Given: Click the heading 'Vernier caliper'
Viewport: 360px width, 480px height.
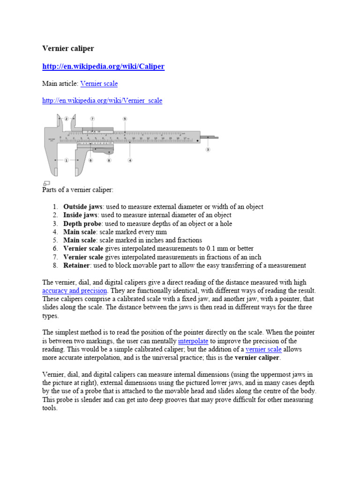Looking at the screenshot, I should point(68,48).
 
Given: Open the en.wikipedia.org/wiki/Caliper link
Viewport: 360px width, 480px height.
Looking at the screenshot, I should point(103,67).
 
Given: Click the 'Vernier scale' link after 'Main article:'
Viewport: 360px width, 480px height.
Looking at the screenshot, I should point(99,83).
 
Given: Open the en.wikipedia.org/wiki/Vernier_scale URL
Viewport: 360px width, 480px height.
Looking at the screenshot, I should point(102,101).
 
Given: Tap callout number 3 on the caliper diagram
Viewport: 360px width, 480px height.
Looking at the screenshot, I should point(208,150).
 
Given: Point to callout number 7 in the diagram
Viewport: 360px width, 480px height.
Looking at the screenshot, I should point(92,119).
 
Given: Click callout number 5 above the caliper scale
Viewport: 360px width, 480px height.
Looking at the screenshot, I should point(125,119).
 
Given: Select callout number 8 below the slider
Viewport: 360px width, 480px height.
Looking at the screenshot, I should point(109,160).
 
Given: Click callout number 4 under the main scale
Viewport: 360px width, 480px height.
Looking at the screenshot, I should point(130,160).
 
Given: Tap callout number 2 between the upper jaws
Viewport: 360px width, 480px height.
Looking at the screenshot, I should point(67,119).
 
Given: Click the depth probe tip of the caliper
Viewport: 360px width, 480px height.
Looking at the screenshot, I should point(214,138).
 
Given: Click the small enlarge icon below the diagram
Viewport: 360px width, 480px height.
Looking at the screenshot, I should point(46,183).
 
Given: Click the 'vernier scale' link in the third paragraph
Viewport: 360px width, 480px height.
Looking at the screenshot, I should point(263,349).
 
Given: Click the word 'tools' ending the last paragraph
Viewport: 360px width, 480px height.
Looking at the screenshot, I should point(49,408).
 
